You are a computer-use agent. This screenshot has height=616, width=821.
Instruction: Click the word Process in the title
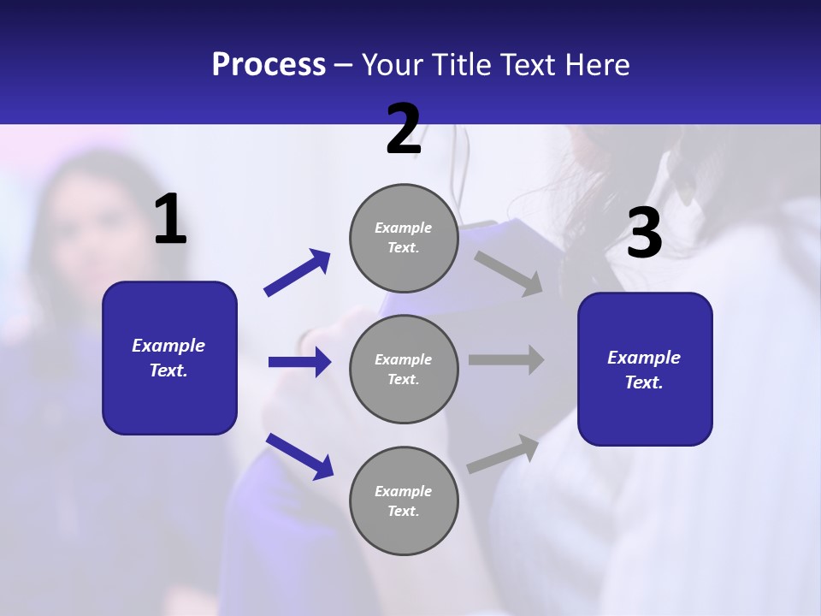(269, 65)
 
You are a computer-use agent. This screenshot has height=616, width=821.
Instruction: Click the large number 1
(170, 220)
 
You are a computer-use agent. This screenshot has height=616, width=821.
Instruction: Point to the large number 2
(404, 129)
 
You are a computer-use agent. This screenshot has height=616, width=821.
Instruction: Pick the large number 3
(644, 233)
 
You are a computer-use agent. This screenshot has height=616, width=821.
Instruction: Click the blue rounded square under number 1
(169, 358)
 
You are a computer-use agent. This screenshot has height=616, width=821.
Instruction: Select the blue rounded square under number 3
(645, 370)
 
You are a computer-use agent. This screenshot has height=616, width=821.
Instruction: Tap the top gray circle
(404, 238)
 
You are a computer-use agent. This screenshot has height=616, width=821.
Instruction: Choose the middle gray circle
(404, 369)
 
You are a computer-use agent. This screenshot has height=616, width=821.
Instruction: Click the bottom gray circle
(404, 500)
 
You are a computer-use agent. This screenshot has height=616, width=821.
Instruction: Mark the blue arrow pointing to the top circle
(298, 273)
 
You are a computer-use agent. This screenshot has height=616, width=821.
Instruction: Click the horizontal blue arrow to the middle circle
(299, 362)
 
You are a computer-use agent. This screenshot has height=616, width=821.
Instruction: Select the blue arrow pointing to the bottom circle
(299, 456)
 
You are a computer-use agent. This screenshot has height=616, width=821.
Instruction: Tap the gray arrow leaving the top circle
(509, 273)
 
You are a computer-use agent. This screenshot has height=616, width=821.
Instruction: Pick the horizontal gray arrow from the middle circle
(506, 359)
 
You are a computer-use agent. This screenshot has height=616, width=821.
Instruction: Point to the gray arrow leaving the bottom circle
(504, 453)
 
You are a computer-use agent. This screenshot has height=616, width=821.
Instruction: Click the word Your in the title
(390, 65)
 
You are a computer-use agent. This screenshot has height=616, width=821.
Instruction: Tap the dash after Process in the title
(344, 65)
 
